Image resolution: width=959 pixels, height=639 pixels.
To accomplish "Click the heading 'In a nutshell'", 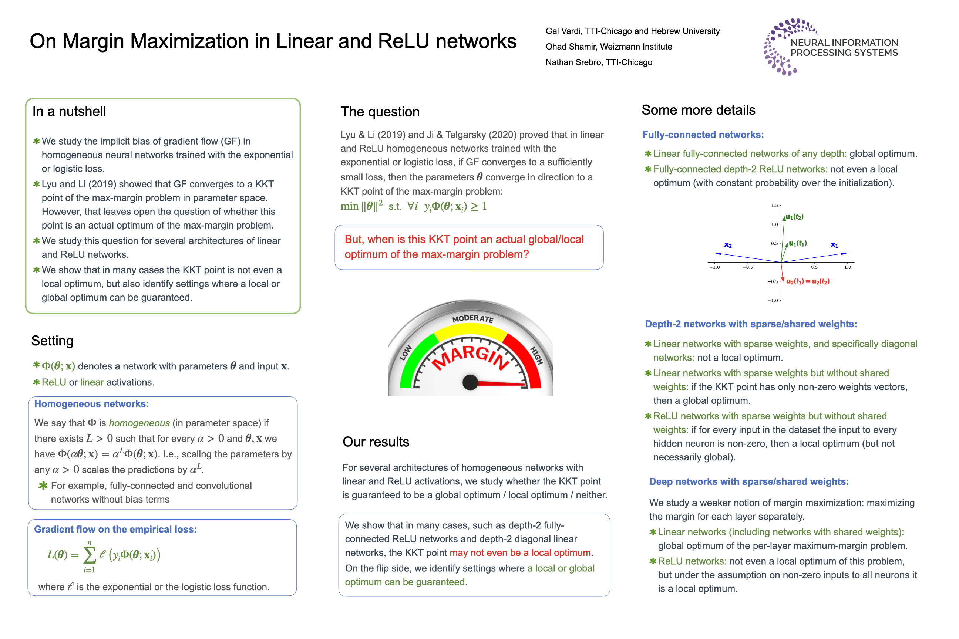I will (69, 111).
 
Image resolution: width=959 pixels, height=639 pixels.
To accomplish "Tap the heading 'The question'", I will (380, 112).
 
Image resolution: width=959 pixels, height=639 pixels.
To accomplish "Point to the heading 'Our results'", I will (376, 442).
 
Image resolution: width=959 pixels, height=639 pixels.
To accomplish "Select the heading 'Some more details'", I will (698, 110).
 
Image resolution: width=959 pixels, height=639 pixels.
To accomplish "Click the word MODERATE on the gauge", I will (472, 319).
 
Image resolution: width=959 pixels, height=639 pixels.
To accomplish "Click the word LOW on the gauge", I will (406, 352).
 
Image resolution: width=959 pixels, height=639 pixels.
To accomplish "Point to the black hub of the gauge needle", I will (470, 382).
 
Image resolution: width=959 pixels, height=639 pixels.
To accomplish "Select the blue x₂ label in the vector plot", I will (728, 245).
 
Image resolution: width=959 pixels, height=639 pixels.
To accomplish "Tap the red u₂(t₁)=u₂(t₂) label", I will (808, 281).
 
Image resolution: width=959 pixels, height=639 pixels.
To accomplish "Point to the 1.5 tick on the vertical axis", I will (774, 205).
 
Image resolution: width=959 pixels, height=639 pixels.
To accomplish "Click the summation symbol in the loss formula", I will (89, 555).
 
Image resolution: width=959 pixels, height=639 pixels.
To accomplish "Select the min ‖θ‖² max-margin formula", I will (413, 206).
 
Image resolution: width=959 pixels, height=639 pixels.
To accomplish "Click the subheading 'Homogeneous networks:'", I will (92, 404).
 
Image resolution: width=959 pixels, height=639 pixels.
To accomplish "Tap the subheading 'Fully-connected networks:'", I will (703, 135).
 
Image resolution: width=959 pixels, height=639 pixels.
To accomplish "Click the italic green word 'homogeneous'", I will (139, 423).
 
